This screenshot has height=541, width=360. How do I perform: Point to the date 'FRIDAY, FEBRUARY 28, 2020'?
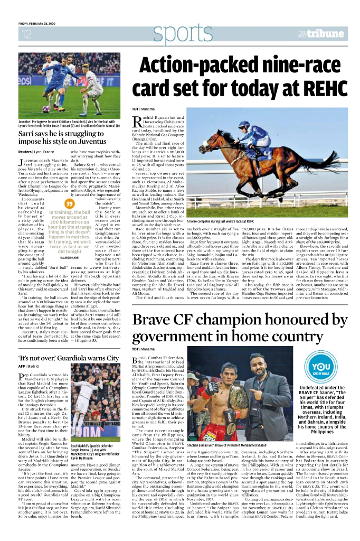pos(37,24)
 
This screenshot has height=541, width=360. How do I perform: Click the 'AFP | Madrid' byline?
pos(30,351)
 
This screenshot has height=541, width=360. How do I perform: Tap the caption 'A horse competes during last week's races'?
pos(220,221)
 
